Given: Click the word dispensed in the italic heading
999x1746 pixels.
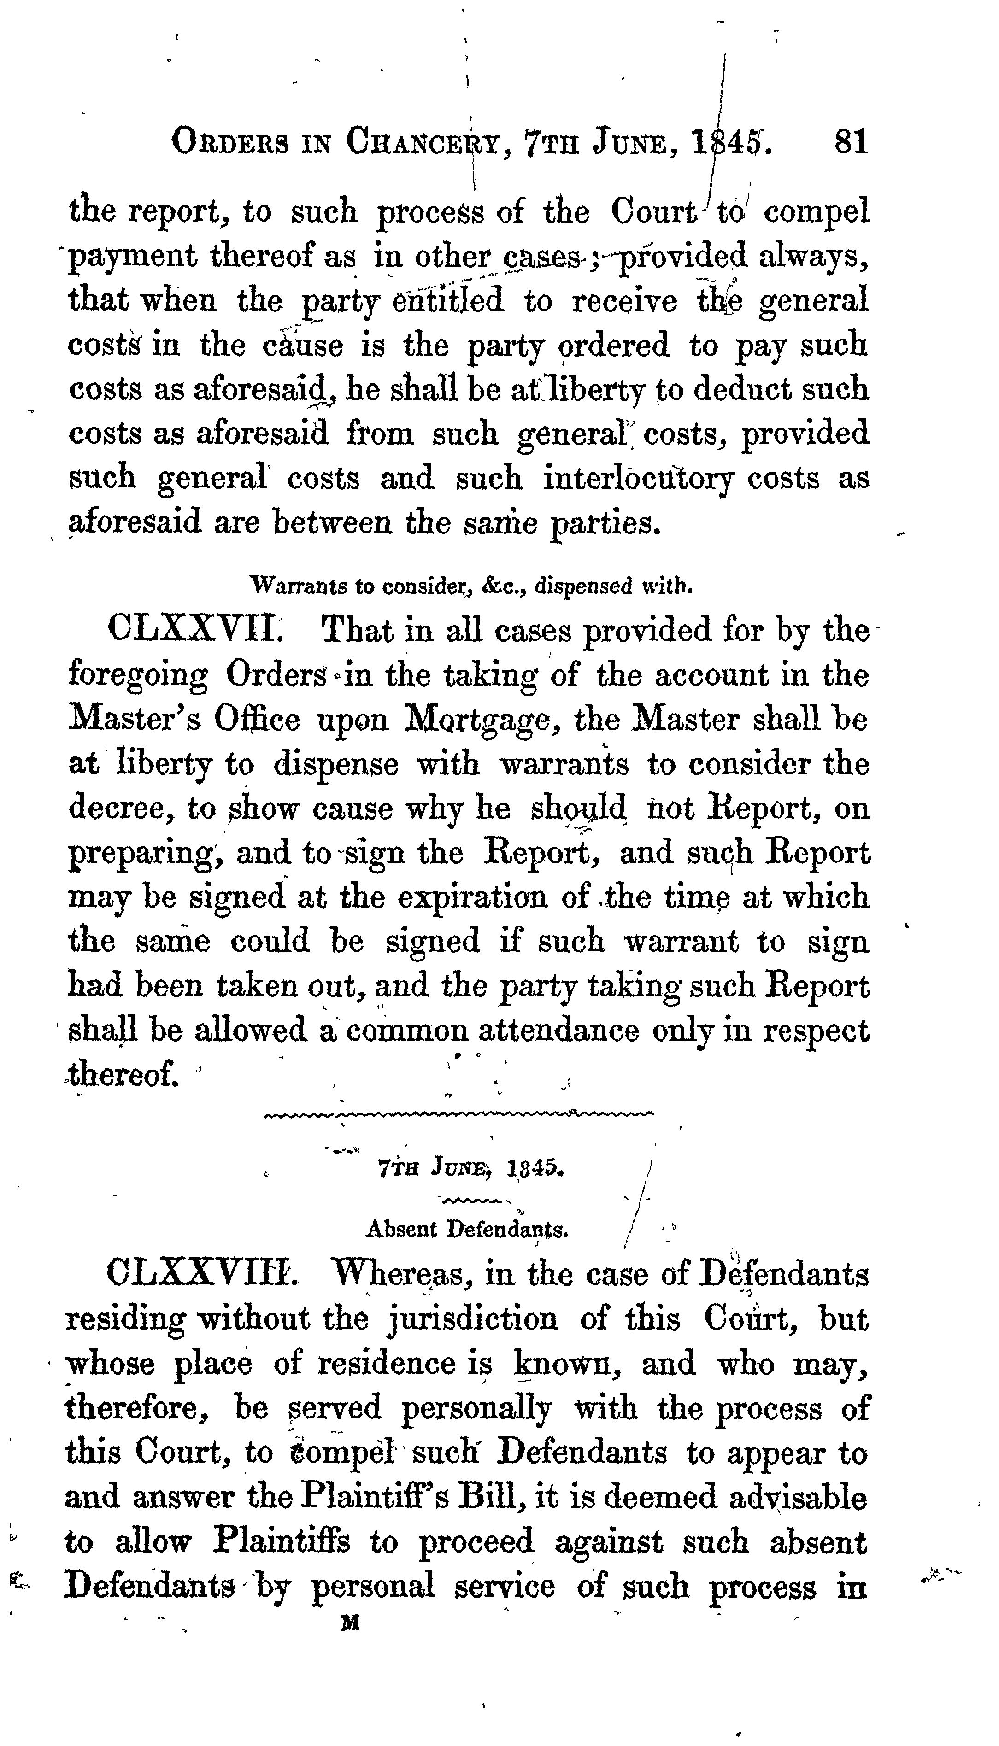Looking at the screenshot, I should click(x=583, y=587).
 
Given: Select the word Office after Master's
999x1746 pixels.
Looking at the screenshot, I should click(x=257, y=720).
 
